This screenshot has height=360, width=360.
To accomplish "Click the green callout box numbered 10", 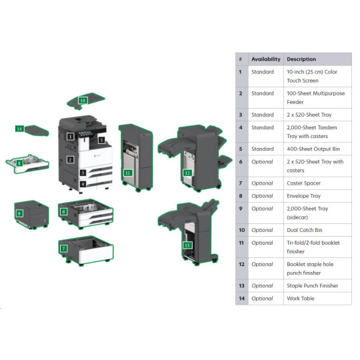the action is point(83,101).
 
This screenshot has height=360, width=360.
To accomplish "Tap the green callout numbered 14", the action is point(19,129).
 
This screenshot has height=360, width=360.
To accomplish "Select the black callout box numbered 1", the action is point(70,137).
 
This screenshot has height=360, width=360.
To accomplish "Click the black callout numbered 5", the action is point(101,140).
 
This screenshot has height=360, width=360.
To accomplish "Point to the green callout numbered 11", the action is point(127,173).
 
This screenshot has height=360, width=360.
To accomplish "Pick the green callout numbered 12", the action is point(187,173).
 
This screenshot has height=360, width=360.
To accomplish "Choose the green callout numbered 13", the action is point(187,245).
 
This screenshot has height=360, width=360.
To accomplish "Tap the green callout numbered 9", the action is point(19,213).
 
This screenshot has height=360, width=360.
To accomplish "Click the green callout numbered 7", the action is point(63,249).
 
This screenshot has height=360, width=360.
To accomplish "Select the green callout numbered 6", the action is point(63,212).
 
